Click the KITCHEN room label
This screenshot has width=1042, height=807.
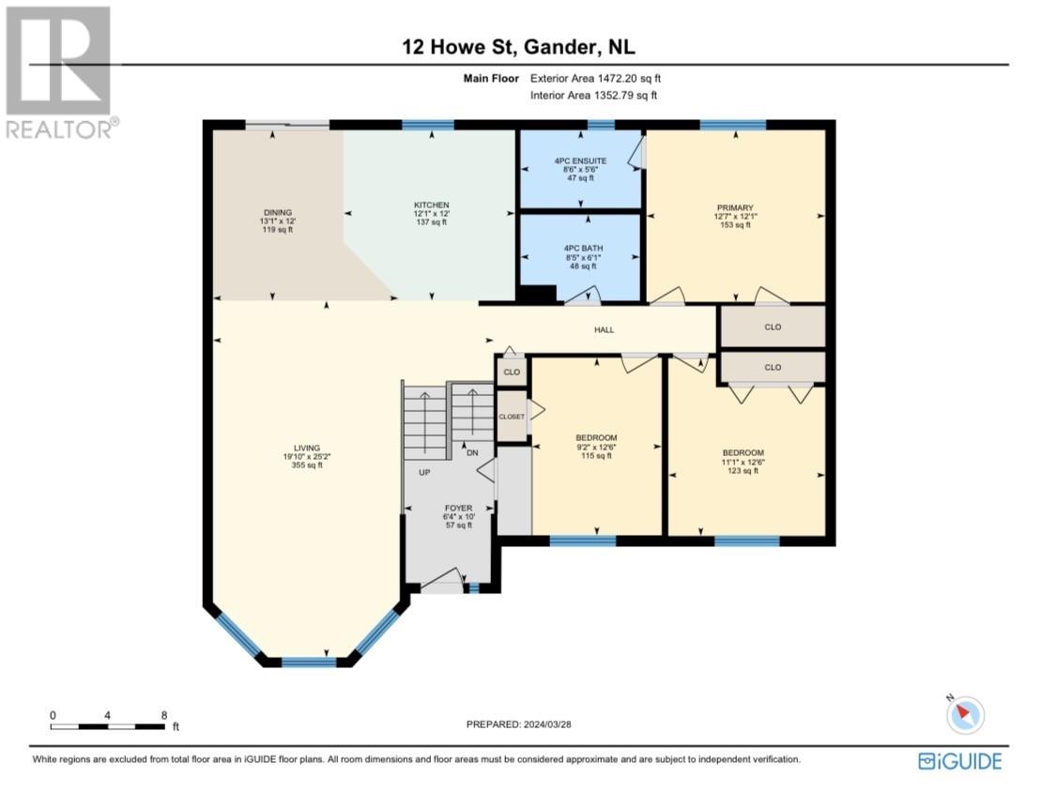(432, 205)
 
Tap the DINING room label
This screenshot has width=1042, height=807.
(278, 212)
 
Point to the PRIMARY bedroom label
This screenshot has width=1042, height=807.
(735, 208)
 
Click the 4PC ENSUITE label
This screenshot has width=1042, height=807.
(580, 161)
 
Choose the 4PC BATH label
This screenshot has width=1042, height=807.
(580, 249)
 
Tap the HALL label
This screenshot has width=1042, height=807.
(604, 330)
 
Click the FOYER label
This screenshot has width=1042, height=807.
(458, 508)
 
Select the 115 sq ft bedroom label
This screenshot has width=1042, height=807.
(596, 438)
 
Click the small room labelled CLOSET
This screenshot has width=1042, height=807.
(512, 416)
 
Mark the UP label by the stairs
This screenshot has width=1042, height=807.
(424, 473)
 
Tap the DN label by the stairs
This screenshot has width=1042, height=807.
(472, 452)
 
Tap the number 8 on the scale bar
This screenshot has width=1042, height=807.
(164, 715)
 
